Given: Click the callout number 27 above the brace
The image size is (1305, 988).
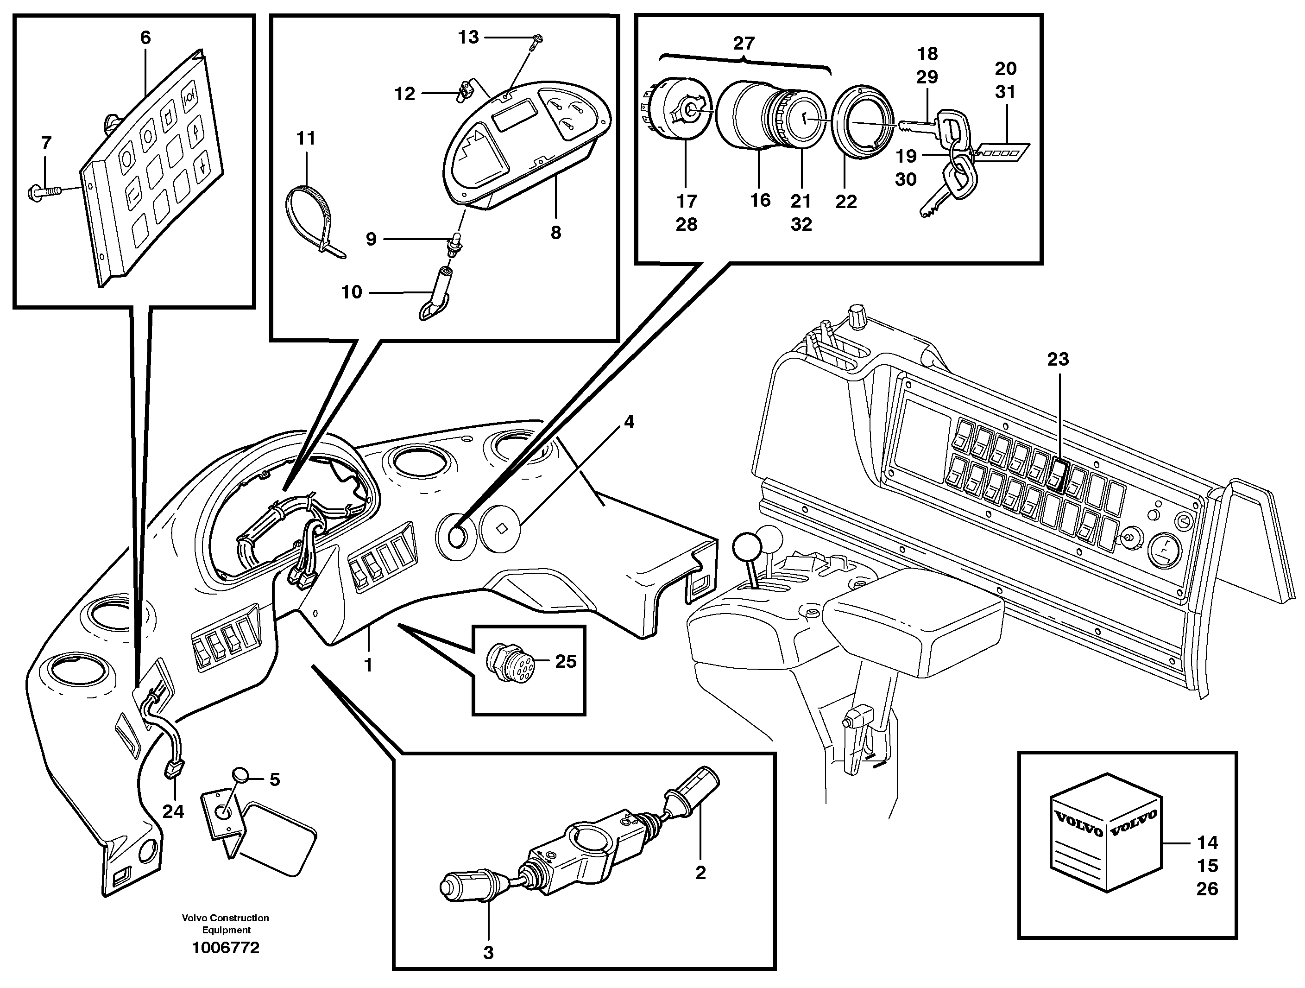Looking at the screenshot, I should click(744, 43).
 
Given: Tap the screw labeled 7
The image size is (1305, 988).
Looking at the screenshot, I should click(44, 191).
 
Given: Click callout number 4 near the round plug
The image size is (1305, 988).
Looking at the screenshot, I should click(629, 422).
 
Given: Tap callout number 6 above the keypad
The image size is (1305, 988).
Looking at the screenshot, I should click(145, 38).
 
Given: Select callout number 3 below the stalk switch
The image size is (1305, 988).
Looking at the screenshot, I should click(488, 953).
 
